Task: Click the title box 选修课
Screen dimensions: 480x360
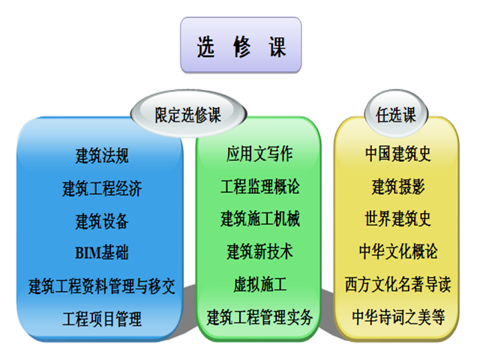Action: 241,45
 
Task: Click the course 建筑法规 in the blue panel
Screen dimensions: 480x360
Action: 102,155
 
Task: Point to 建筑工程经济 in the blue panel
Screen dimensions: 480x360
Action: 102,188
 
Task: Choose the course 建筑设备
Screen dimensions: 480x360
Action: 102,221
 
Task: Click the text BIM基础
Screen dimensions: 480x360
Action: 102,253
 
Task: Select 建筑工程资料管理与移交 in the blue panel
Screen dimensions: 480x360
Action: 102,286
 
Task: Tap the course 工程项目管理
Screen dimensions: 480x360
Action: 102,319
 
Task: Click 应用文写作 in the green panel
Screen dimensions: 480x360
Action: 259,154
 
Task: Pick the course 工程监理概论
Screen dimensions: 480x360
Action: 259,187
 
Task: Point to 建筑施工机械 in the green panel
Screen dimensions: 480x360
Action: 259,219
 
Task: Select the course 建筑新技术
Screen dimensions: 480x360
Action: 259,252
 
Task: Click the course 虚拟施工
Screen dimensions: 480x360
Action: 259,284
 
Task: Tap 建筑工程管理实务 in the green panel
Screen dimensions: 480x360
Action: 259,317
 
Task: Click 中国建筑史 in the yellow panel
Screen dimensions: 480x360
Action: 398,154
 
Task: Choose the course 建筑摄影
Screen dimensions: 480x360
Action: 398,187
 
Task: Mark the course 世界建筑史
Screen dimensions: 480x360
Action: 398,219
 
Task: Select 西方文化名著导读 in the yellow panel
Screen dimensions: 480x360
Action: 398,284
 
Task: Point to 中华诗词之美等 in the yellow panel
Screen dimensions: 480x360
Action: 398,317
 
